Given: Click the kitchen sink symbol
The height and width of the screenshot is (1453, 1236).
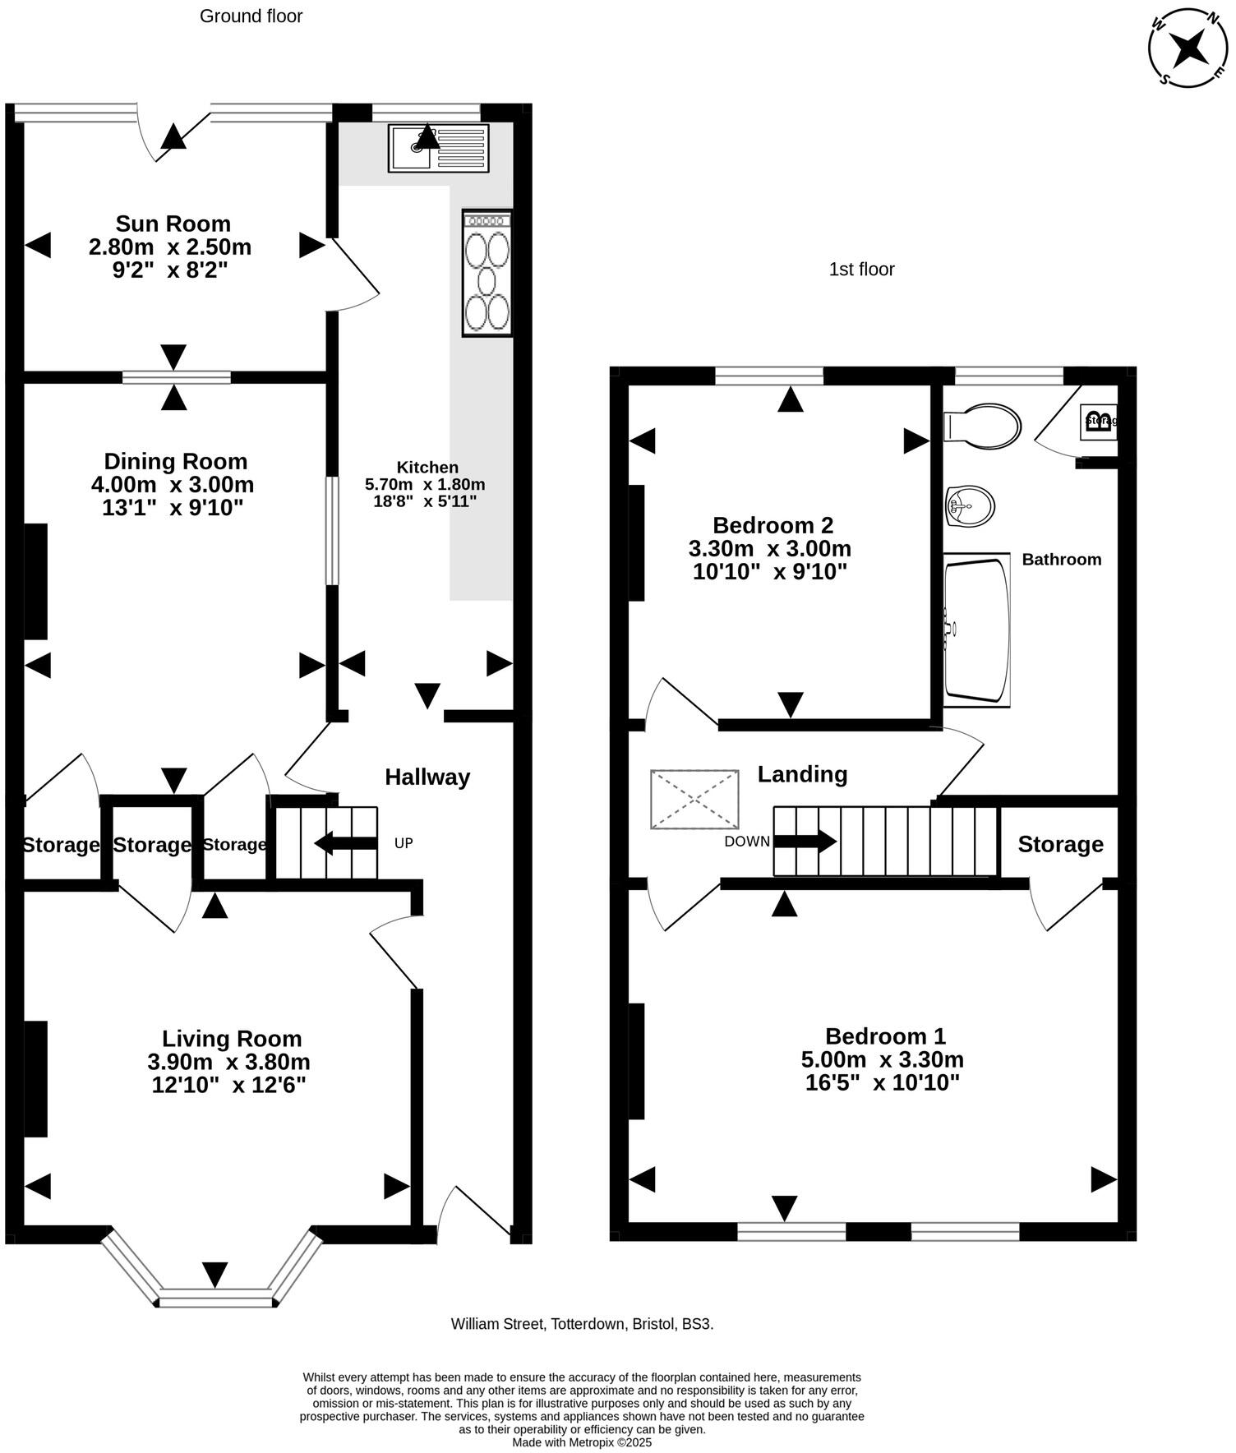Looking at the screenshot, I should [x=438, y=148].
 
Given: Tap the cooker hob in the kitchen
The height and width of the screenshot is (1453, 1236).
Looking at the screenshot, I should [x=487, y=274].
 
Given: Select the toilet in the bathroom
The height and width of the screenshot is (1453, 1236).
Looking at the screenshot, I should [x=983, y=426].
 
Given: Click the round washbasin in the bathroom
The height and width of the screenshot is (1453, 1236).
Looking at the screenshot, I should [x=970, y=505].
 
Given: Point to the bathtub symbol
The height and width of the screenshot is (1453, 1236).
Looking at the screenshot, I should [x=976, y=630].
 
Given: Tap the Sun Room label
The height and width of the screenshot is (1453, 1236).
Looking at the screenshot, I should [x=173, y=224].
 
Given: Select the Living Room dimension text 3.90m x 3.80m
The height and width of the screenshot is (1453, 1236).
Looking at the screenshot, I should [x=229, y=1062].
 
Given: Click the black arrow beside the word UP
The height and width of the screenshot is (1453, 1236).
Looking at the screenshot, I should [x=345, y=843].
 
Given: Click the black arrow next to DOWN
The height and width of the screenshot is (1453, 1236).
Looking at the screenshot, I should [x=805, y=842].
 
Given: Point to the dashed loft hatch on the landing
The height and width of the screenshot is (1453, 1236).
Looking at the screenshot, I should [x=694, y=799].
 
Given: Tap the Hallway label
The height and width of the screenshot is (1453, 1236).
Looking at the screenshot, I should [x=427, y=777].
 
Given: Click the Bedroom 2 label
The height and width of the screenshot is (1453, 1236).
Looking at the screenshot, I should [x=772, y=525].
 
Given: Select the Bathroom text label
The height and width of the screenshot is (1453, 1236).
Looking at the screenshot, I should [x=1061, y=560].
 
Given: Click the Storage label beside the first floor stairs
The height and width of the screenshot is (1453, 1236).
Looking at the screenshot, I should [x=1060, y=845].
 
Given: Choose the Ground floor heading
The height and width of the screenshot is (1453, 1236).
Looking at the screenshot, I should [x=251, y=16].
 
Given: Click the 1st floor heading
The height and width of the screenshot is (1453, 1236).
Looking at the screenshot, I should [x=861, y=270].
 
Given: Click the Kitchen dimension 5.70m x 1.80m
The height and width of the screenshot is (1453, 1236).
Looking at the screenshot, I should [x=425, y=484].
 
